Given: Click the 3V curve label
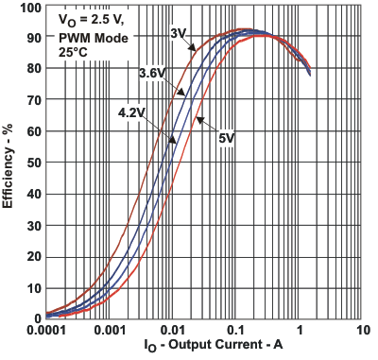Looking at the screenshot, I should (x=176, y=34).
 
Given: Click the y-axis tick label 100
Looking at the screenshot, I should (x=30, y=8).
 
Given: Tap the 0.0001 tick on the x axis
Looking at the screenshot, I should (x=45, y=330).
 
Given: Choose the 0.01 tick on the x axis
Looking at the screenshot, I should (x=173, y=330).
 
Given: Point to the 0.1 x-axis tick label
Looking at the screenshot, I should (x=236, y=330).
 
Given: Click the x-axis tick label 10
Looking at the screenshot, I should (x=363, y=330).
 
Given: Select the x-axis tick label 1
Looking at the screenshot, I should (x=300, y=330).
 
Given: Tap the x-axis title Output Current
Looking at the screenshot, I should (x=203, y=348).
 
